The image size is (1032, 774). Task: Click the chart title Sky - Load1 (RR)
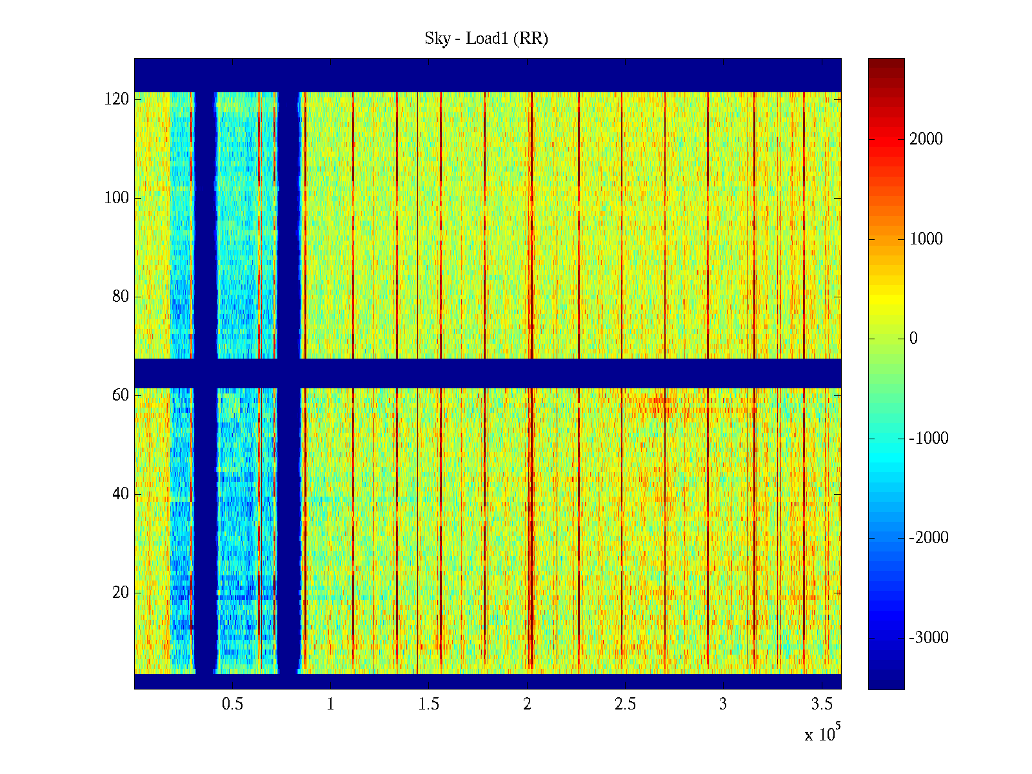(486, 39)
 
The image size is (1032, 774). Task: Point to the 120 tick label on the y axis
(117, 99)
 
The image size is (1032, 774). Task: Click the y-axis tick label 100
(117, 198)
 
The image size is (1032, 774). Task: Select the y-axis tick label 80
(121, 297)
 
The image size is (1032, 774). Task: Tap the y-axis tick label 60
(121, 395)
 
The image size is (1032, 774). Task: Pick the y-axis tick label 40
(121, 494)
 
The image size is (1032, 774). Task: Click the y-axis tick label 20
(121, 593)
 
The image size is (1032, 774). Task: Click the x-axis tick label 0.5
(232, 704)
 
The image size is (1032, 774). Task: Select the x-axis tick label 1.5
(429, 704)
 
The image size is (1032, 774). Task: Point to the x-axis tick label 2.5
(625, 704)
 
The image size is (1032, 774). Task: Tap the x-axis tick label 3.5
(822, 704)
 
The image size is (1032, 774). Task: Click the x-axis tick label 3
(723, 704)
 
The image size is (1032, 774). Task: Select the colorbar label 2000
(926, 139)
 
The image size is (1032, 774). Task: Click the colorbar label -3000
(929, 638)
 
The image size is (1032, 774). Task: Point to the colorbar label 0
(913, 339)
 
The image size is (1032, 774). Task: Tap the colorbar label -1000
(929, 439)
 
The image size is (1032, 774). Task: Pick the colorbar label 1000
(926, 239)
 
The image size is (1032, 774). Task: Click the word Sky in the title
(437, 39)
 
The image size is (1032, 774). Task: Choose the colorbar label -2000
(929, 538)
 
